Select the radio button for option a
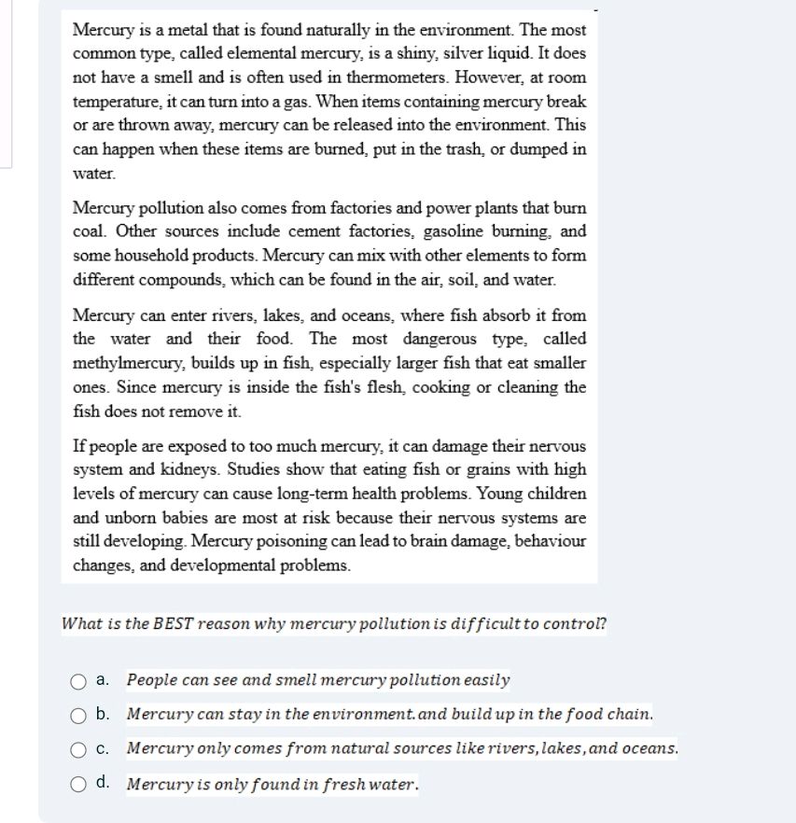pyautogui.click(x=79, y=681)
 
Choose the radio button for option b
pyautogui.click(x=79, y=716)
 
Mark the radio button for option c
pyautogui.click(x=79, y=749)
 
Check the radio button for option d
pyautogui.click(x=79, y=784)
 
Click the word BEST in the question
pyautogui.click(x=173, y=624)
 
